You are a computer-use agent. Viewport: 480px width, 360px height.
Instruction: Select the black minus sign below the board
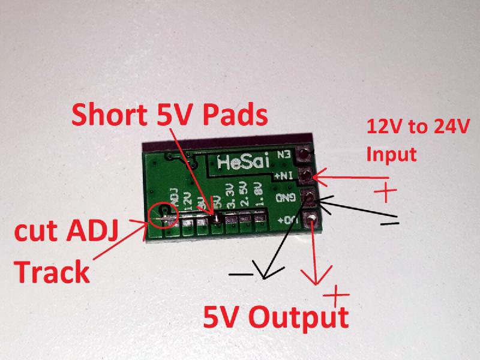click(x=240, y=274)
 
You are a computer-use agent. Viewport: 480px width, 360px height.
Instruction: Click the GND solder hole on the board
click(x=308, y=197)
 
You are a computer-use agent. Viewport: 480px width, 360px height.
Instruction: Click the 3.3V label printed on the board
click(x=228, y=197)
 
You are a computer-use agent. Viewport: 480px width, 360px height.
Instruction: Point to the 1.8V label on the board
click(x=258, y=197)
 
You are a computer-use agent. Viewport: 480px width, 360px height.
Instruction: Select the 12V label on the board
click(x=188, y=200)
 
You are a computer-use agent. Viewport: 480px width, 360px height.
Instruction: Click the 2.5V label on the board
click(x=243, y=197)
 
